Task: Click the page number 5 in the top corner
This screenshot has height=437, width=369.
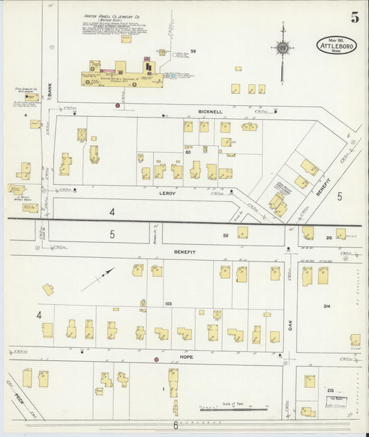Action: [x=354, y=18]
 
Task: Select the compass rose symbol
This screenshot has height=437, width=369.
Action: [x=282, y=48]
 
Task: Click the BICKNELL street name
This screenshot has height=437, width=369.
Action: [x=210, y=111]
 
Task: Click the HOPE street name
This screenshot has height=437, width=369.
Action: [x=186, y=357]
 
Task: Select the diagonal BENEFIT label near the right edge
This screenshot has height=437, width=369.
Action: [x=323, y=188]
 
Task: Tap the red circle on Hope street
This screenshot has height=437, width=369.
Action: [x=156, y=360]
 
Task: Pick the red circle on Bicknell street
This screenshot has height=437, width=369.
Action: [x=117, y=106]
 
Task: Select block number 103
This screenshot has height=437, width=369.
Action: [x=168, y=304]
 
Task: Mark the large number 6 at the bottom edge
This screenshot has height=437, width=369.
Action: [x=175, y=426]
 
